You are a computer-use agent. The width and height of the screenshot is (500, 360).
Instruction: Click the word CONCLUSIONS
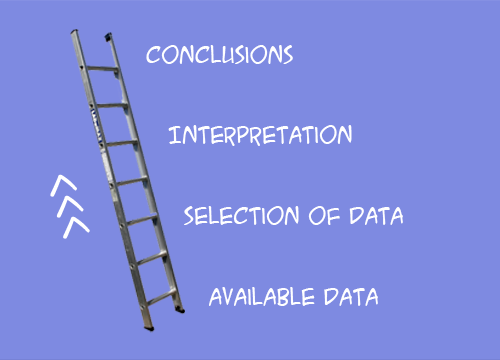[x=220, y=55]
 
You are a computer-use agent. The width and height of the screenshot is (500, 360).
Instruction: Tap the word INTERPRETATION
[x=260, y=135]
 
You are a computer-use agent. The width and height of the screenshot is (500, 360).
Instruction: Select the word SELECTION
[x=242, y=215]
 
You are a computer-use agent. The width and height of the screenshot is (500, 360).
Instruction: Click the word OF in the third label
[x=324, y=215]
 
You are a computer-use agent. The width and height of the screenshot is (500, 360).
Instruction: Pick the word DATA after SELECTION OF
[x=376, y=215]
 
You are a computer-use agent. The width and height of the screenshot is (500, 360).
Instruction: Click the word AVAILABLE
[x=262, y=297]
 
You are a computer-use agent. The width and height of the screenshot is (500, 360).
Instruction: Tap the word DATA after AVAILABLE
[x=351, y=297]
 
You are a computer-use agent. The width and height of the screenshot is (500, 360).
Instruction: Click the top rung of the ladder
[x=102, y=69]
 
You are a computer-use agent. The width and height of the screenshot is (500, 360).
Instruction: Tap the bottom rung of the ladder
[x=161, y=297]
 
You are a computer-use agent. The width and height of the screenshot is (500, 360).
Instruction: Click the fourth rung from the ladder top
[x=132, y=181]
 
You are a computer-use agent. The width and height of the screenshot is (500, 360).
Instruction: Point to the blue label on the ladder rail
[x=96, y=126]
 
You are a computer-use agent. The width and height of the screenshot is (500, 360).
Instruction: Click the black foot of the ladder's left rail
[x=149, y=328]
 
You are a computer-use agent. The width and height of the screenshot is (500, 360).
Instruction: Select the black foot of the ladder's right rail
[x=180, y=310]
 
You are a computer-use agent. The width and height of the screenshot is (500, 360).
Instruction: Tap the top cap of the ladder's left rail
[x=74, y=31]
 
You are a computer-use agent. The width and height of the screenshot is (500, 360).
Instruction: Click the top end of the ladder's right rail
[x=108, y=37]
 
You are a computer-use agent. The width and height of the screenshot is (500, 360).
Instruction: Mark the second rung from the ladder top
[x=112, y=106]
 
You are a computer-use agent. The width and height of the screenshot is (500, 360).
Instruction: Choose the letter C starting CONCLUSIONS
[x=153, y=55]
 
